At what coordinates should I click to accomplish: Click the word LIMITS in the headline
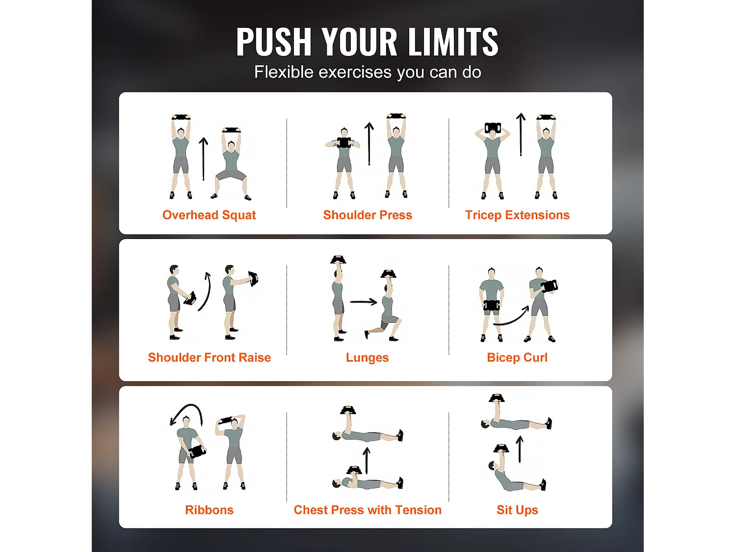point(453,42)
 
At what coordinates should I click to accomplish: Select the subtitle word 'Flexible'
point(284,72)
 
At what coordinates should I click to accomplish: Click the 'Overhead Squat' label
point(209,215)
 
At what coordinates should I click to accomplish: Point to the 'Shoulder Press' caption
point(368,215)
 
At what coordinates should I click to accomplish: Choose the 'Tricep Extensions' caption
point(517,215)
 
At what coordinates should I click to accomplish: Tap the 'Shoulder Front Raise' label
point(209,357)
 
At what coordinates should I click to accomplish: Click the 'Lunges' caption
point(367,358)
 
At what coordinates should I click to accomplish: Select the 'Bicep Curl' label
point(517,357)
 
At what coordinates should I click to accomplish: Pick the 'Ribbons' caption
point(209,510)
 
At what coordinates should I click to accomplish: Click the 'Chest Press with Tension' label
point(368,510)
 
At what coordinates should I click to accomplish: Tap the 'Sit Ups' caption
point(517,510)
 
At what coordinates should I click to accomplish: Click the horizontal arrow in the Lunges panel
point(364,302)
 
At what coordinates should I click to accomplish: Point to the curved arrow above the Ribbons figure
point(190,406)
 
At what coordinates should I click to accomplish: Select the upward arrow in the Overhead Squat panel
point(203,159)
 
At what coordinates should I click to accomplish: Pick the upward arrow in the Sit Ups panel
point(520,449)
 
